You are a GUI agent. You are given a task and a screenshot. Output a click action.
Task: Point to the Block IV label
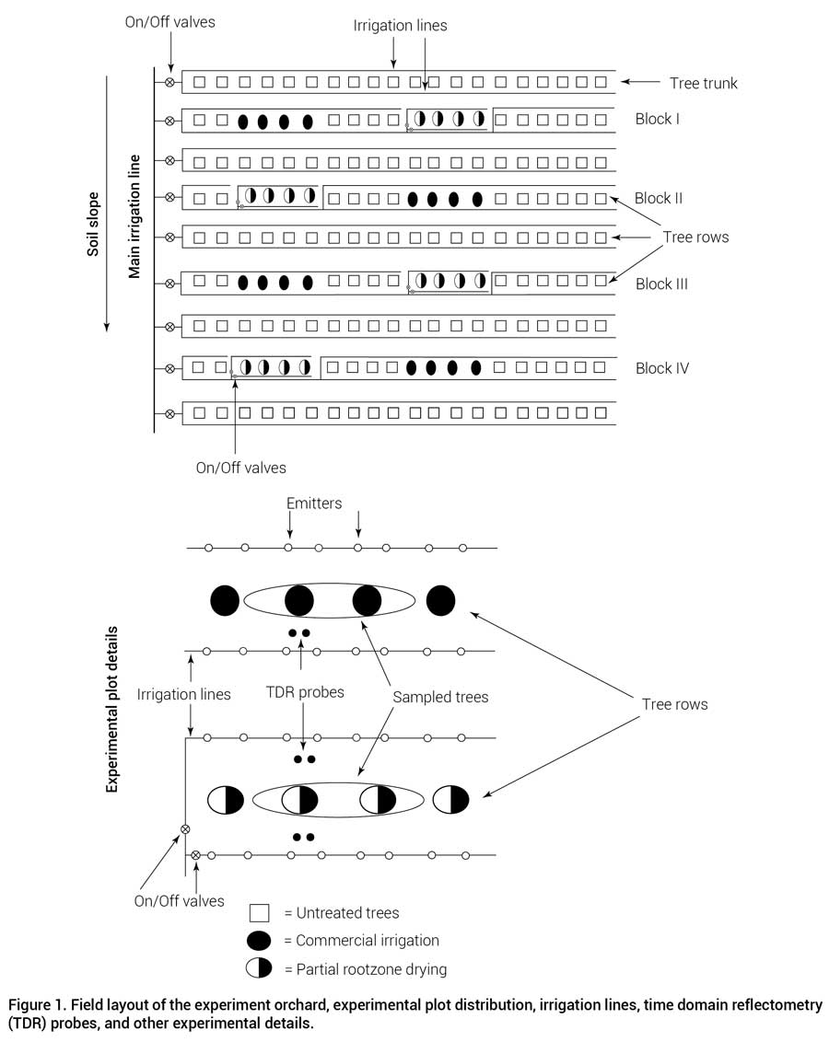(x=662, y=368)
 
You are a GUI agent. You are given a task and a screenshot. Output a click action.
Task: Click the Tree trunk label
(x=704, y=83)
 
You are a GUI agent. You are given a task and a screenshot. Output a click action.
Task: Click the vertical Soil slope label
(x=94, y=224)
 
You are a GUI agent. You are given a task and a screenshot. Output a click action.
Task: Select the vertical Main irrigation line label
(x=135, y=216)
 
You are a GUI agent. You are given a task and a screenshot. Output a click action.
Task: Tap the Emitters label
(x=313, y=504)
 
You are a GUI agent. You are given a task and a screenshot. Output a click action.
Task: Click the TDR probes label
(x=304, y=692)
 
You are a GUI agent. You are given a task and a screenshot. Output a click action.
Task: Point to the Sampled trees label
(x=440, y=698)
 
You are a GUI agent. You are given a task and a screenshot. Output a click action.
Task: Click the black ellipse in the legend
(x=259, y=941)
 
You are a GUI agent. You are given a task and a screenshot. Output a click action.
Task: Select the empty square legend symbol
(x=259, y=913)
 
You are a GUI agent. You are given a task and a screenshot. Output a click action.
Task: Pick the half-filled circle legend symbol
(x=259, y=968)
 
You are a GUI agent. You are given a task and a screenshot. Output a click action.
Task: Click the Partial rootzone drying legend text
(x=365, y=969)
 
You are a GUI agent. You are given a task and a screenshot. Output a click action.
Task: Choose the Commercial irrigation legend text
(x=361, y=941)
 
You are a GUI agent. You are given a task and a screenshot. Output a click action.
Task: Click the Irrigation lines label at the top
(x=400, y=26)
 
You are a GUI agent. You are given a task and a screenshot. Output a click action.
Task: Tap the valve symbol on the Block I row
(x=169, y=121)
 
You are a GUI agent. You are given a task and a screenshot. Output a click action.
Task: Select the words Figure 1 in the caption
(x=38, y=1005)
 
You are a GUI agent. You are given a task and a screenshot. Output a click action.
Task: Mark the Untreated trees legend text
(x=341, y=913)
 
